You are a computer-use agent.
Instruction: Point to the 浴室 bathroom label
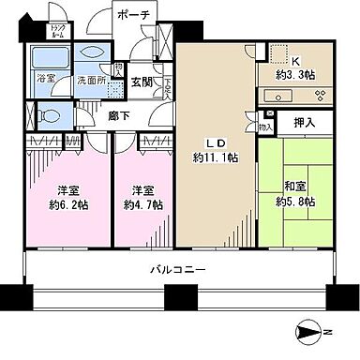(43, 81)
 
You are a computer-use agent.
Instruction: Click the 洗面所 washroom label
(89, 81)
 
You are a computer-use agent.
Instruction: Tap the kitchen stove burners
(318, 94)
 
